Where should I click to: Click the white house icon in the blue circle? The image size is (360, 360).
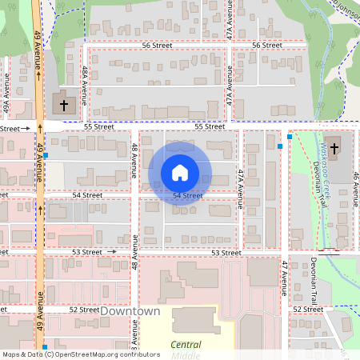pyautogui.click(x=179, y=172)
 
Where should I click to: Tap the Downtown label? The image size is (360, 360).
pyautogui.click(x=130, y=310)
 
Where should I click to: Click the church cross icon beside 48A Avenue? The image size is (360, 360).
pyautogui.click(x=64, y=105)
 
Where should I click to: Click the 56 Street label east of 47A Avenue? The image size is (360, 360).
pyautogui.click(x=266, y=46)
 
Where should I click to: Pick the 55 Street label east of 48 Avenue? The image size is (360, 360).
pyautogui.click(x=210, y=126)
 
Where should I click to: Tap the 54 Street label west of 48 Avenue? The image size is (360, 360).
pyautogui.click(x=87, y=194)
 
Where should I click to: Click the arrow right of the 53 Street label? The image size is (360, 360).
pyautogui.click(x=111, y=251)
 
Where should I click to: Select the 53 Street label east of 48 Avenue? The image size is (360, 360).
pyautogui.click(x=226, y=253)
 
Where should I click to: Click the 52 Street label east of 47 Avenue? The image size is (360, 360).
pyautogui.click(x=307, y=309)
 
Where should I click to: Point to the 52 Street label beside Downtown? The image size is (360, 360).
pyautogui.click(x=83, y=309)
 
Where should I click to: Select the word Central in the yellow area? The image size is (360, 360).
pyautogui.click(x=186, y=345)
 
